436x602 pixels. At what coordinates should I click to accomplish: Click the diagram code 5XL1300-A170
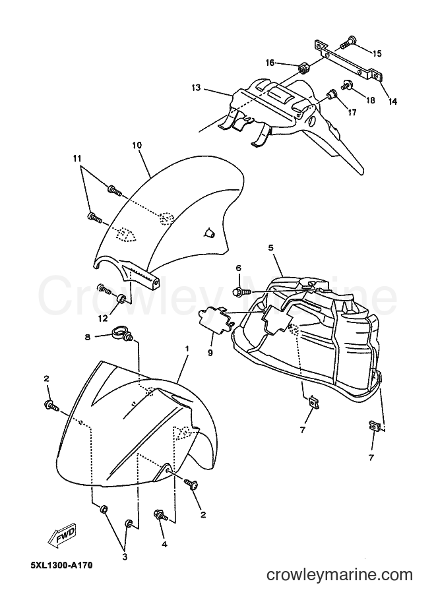tap(61, 566)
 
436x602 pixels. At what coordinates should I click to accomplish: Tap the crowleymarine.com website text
tap(340, 575)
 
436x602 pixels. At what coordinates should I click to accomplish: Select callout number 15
tap(377, 53)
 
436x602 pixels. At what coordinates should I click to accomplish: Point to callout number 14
tap(392, 102)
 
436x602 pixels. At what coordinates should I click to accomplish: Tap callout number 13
tap(196, 88)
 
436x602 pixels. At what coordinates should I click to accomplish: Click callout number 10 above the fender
tap(137, 146)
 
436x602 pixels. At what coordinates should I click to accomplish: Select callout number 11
tap(78, 158)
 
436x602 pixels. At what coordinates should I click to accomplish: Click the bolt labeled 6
tap(241, 292)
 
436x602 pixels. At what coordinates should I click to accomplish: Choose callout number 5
tap(271, 248)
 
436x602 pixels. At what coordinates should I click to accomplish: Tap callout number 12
tap(104, 318)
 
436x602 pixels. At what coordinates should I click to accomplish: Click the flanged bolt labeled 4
tap(161, 515)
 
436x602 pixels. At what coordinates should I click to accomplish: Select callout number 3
tap(125, 557)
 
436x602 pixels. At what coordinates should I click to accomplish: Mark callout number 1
tap(187, 349)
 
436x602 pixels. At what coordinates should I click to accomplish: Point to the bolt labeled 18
tap(346, 84)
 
